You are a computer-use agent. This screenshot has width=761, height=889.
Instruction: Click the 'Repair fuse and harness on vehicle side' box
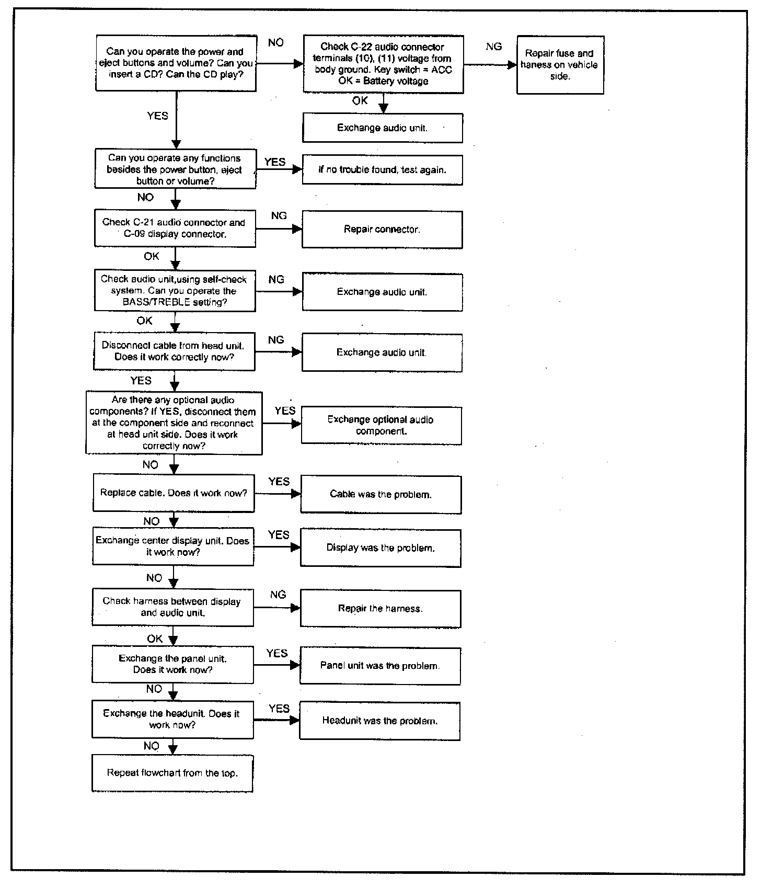[560, 65]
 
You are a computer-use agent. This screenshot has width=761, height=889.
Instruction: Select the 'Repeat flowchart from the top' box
[172, 773]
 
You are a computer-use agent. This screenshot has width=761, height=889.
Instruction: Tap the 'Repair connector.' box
[382, 229]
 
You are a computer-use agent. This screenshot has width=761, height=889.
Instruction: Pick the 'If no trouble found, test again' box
[382, 170]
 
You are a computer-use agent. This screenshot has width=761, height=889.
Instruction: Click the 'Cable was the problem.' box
[381, 494]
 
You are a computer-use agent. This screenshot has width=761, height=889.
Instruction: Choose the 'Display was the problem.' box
[380, 548]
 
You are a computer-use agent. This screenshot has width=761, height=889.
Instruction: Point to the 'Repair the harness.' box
[380, 609]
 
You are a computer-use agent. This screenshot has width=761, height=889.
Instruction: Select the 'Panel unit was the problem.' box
[380, 666]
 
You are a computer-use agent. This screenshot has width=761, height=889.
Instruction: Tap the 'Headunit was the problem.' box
[380, 721]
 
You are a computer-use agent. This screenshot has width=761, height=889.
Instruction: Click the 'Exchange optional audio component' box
[382, 426]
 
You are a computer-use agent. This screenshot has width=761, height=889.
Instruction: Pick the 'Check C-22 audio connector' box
[383, 64]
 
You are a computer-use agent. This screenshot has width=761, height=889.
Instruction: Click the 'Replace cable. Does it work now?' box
[174, 493]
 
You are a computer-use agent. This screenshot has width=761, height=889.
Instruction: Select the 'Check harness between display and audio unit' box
[172, 607]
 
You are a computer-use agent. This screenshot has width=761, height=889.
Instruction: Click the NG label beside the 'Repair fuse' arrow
[493, 47]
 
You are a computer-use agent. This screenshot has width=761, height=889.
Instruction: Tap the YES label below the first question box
[158, 116]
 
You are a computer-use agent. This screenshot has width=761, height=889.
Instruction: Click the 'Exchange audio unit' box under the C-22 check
[383, 128]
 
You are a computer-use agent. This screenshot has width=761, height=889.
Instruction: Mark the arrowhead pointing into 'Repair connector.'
[297, 229]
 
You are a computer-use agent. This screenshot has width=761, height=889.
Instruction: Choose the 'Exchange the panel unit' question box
[172, 664]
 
